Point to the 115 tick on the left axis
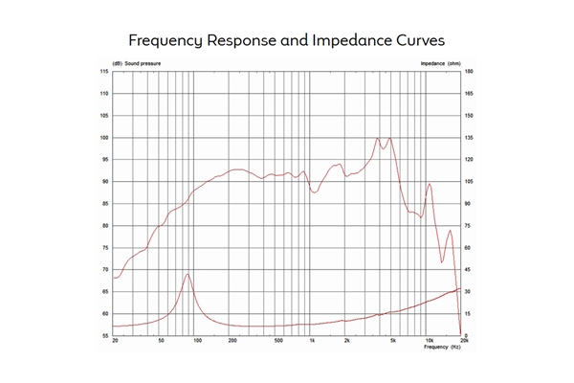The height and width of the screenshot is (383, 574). point(103,72)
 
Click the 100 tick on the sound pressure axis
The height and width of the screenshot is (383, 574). point(103,138)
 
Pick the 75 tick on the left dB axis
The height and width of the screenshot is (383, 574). point(104,248)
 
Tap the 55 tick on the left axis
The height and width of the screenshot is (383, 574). point(104,335)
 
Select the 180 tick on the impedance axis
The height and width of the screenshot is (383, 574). point(470,72)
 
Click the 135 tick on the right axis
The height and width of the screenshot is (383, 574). point(470,138)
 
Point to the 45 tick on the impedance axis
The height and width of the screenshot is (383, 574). point(469,270)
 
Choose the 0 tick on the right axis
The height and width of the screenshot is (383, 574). point(467,335)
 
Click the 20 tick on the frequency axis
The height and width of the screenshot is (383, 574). point(115,341)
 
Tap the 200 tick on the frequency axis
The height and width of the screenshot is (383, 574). point(232,341)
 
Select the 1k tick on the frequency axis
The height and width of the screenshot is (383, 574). point(313,341)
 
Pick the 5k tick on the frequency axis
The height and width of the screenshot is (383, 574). point(394,341)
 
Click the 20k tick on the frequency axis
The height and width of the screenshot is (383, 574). point(464,341)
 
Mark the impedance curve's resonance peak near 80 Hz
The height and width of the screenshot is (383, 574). point(188,275)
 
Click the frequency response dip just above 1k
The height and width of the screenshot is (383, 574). point(315,192)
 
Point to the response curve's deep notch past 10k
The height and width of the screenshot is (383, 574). point(442,261)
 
